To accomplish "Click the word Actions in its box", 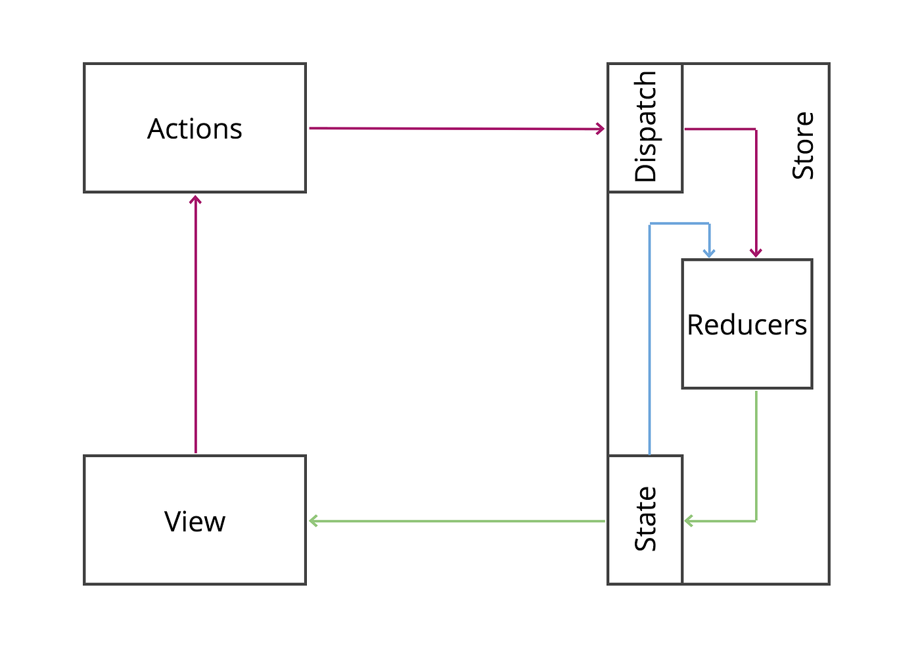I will pyautogui.click(x=195, y=129).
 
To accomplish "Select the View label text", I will pyautogui.click(x=195, y=522).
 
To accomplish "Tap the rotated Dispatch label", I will pyautogui.click(x=645, y=127).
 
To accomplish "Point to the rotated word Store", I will pyautogui.click(x=803, y=146).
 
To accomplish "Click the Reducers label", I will pyautogui.click(x=747, y=325).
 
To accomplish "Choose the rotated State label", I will pyautogui.click(x=645, y=519).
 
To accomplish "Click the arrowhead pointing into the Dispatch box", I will pyautogui.click(x=601, y=129).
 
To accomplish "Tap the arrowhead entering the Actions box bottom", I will pyautogui.click(x=195, y=199).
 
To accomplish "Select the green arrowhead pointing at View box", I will pyautogui.click(x=313, y=521).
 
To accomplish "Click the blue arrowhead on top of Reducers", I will pyautogui.click(x=709, y=253).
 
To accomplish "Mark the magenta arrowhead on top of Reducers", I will pyautogui.click(x=756, y=253).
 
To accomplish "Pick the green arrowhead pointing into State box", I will pyautogui.click(x=689, y=521).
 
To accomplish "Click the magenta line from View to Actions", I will pyautogui.click(x=195, y=328).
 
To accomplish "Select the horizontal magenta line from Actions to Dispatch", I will pyautogui.click(x=453, y=129).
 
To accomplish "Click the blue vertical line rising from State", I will pyautogui.click(x=649, y=342).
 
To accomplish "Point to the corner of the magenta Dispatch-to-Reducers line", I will pyautogui.click(x=756, y=129).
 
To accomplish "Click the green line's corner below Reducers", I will pyautogui.click(x=756, y=521).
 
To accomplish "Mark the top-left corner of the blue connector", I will pyautogui.click(x=649, y=224).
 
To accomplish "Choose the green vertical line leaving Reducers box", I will pyautogui.click(x=756, y=453).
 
